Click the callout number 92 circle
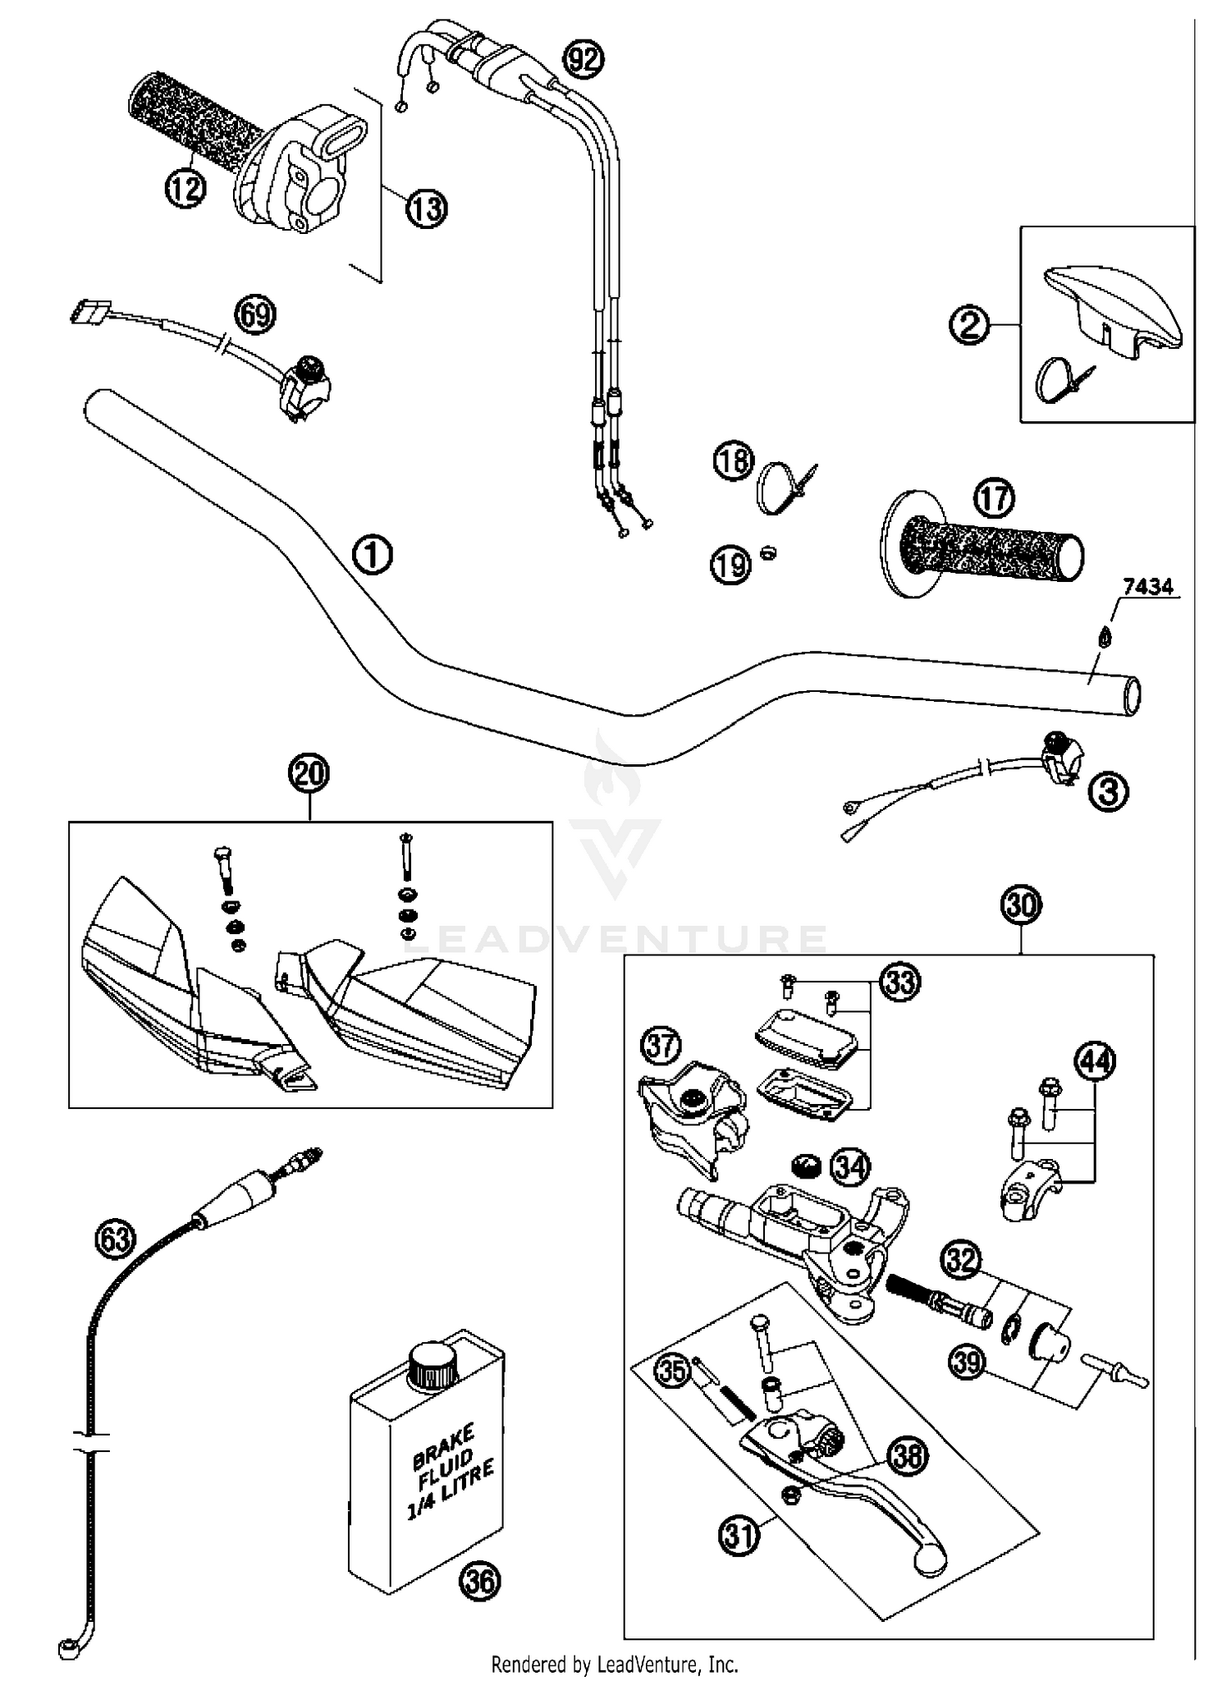point(583,59)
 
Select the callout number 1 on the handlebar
point(372,556)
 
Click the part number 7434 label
point(1148,587)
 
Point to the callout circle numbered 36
point(479,1580)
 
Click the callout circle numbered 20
point(309,774)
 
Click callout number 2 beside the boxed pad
point(969,326)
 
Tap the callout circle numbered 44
point(1096,1062)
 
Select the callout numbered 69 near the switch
point(255,314)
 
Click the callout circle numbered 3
point(1109,792)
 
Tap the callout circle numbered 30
point(1021,906)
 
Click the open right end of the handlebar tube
point(1133,698)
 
